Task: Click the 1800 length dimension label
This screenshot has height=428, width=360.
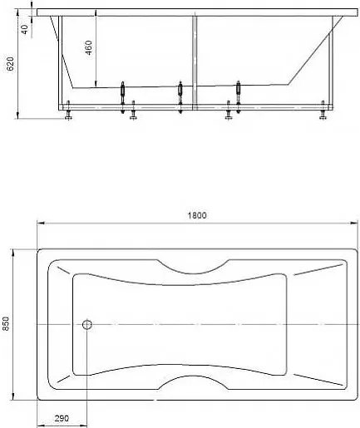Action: tap(197, 215)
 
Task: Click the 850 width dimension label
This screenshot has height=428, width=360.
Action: tap(6, 323)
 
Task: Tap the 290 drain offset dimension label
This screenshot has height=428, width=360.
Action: tap(62, 418)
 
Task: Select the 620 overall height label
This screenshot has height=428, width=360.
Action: tap(10, 64)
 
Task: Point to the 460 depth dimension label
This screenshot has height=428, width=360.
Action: tap(89, 47)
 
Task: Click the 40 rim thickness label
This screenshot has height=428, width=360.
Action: tap(25, 29)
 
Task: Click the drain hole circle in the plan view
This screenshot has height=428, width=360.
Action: tap(87, 324)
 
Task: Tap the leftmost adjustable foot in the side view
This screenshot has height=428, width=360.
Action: tap(68, 110)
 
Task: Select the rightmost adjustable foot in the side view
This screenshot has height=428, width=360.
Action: tap(323, 110)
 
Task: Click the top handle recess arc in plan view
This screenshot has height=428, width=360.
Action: tap(193, 273)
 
